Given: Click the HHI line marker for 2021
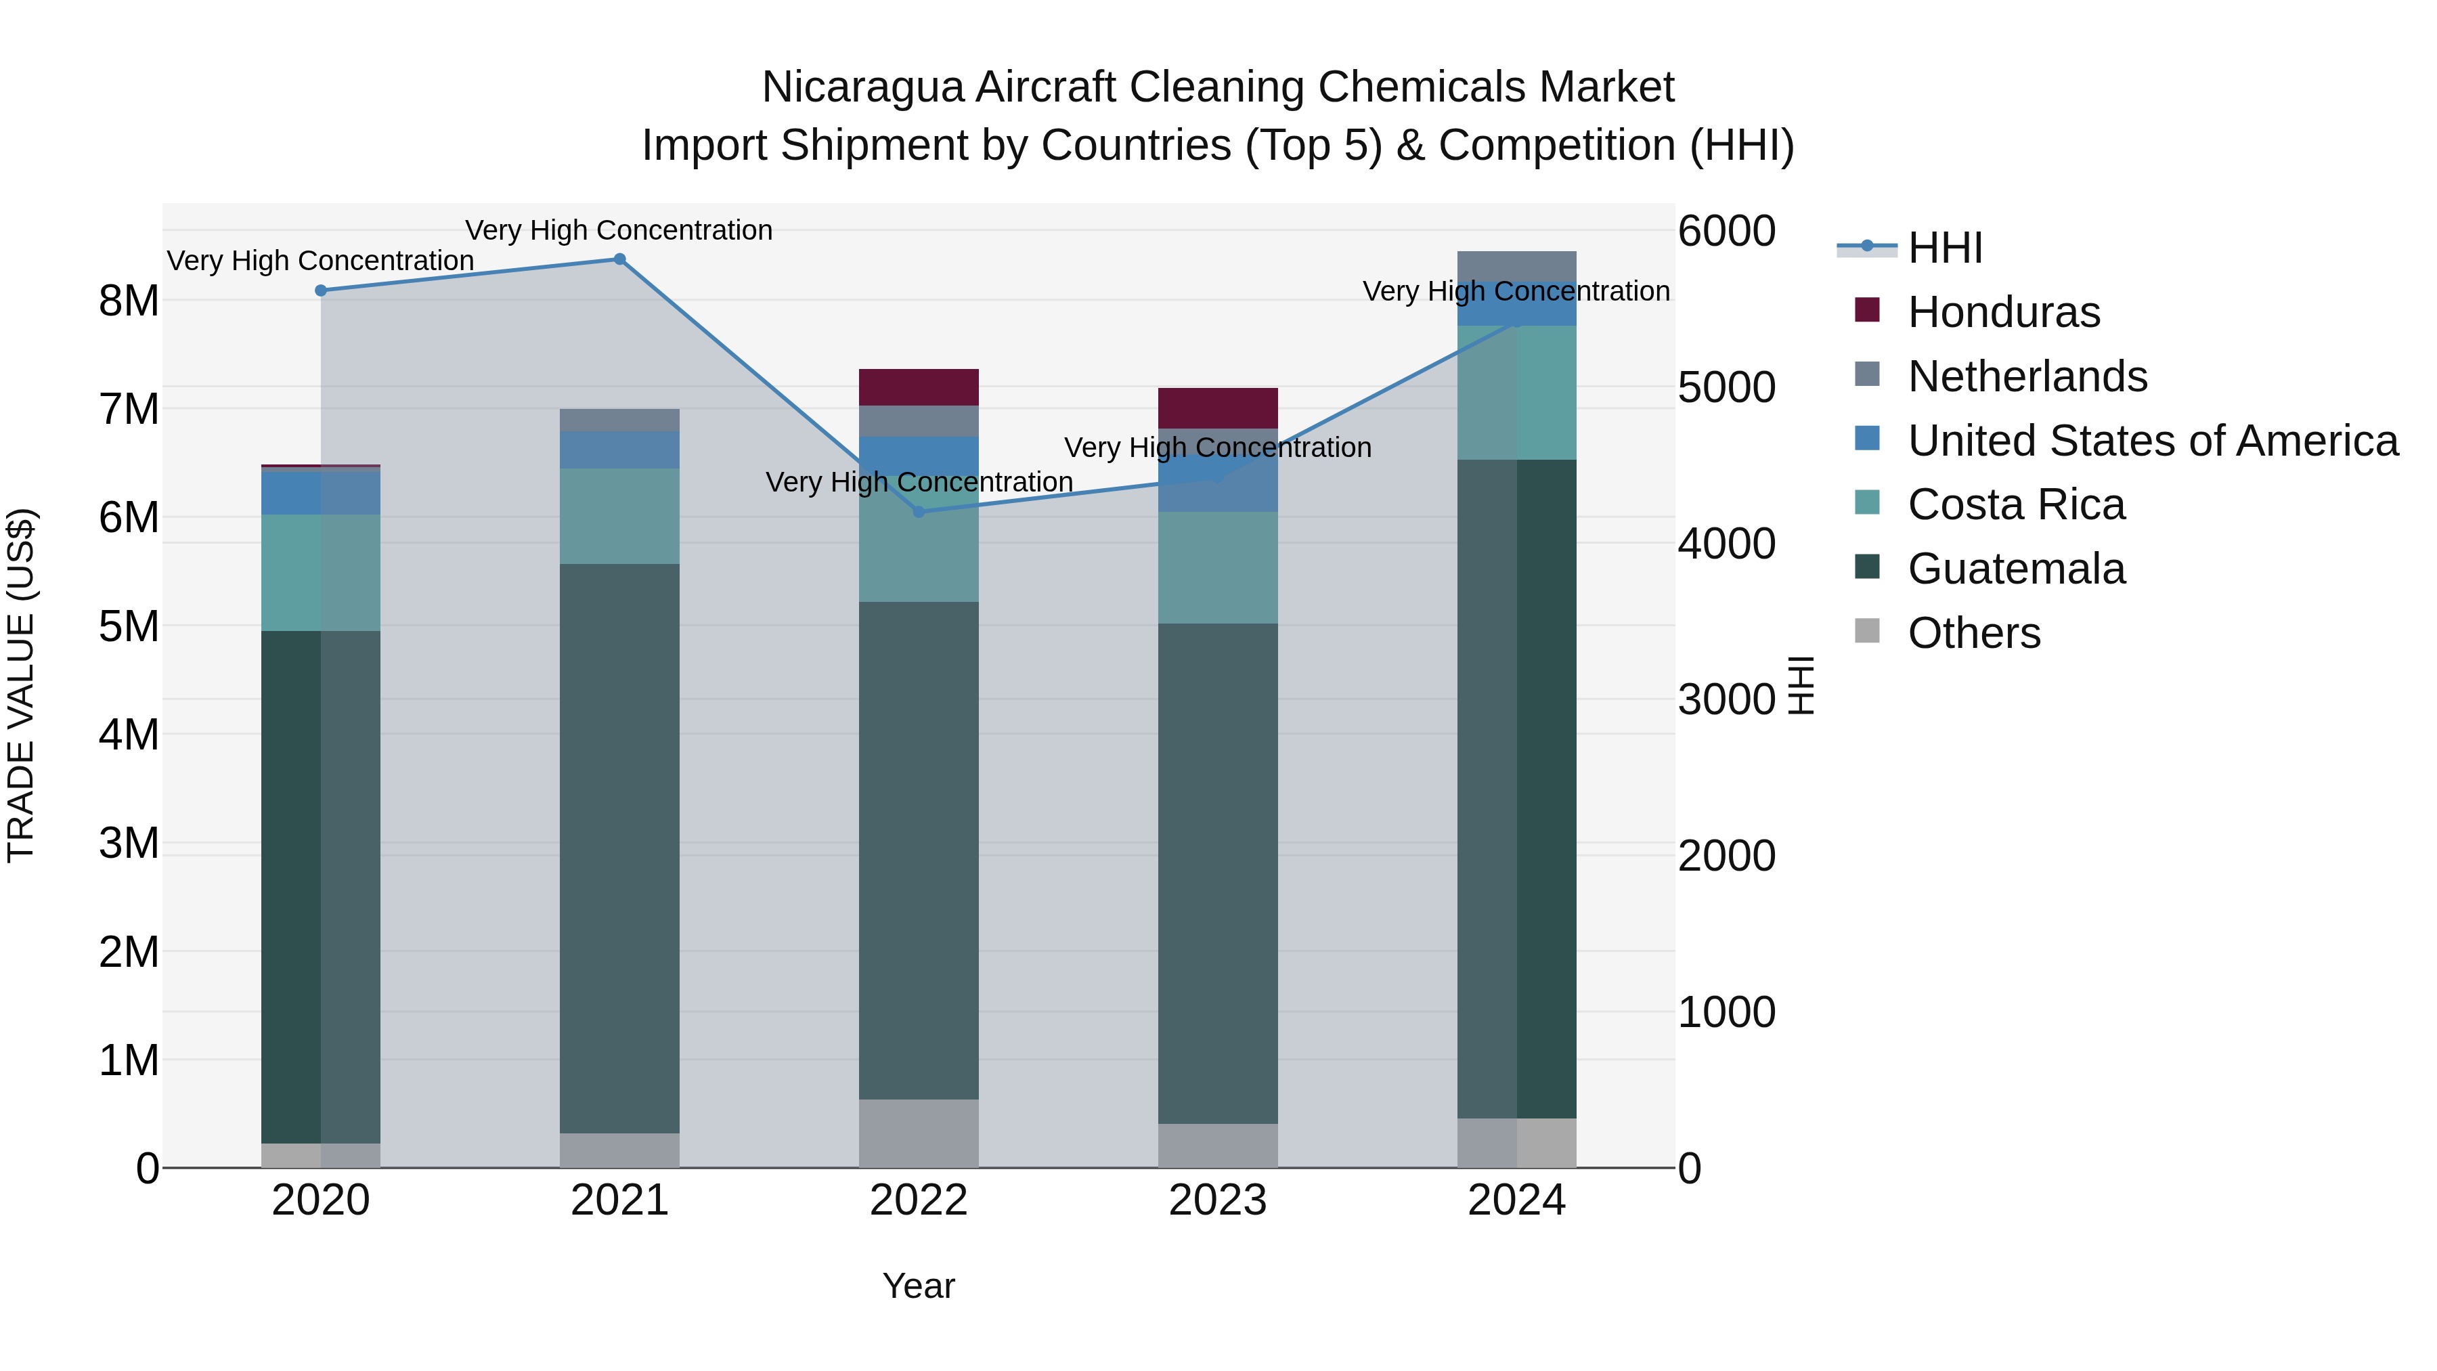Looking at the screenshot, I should [619, 259].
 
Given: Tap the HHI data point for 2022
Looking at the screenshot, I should [919, 512].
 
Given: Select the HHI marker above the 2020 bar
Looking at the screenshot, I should [321, 290].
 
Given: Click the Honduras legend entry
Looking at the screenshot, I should [2004, 312].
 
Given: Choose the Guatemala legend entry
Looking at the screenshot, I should [2016, 569].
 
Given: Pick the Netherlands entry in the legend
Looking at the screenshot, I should [2027, 376].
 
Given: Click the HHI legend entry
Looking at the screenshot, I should [1945, 248].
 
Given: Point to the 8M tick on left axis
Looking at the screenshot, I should [129, 301].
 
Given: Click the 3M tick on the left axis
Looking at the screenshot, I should [129, 842].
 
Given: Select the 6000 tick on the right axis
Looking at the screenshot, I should [1726, 231].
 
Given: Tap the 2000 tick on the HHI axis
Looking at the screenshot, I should [1726, 855].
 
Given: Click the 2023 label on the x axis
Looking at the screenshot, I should [1218, 1200].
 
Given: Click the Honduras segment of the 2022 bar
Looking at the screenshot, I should [919, 387].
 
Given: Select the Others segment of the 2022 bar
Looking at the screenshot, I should [919, 1133].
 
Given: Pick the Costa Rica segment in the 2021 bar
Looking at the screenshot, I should [619, 516].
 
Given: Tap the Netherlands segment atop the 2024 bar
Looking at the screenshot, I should [1516, 266].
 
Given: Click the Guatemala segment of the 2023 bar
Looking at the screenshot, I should [1218, 873].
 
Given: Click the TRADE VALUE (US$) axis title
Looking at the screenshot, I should [21, 685].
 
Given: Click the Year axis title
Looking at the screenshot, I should [919, 1286].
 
